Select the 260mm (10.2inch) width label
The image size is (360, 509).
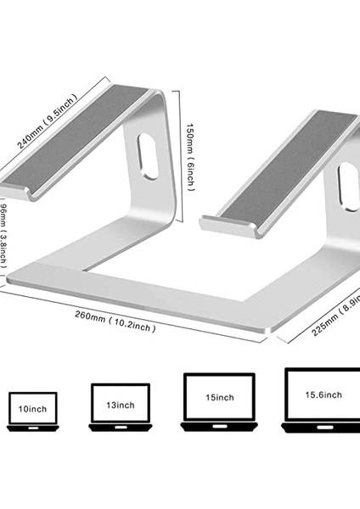[113, 321]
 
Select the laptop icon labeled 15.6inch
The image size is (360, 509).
[322, 399]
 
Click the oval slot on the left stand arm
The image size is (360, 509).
[147, 158]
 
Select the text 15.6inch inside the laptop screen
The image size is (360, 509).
[323, 394]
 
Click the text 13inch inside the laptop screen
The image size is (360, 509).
[120, 404]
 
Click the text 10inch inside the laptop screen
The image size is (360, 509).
[32, 409]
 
